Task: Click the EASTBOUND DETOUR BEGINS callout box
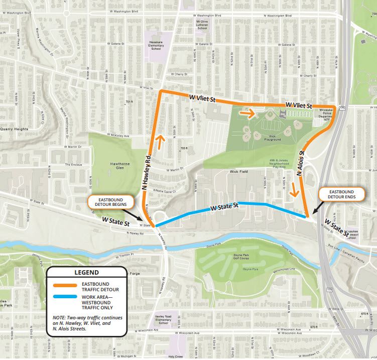(110, 202)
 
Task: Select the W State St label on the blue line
(224, 206)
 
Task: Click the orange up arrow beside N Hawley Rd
(160, 142)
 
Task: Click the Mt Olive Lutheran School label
(202, 25)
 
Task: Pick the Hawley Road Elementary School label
(164, 320)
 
